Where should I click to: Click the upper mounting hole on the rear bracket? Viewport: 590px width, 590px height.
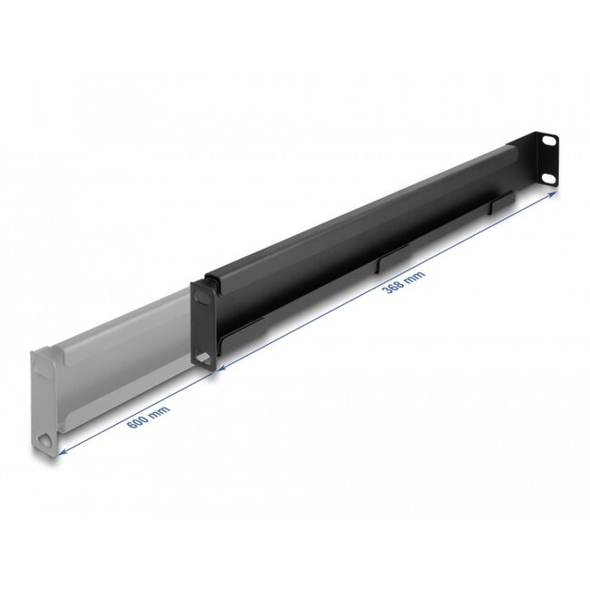(548, 142)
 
